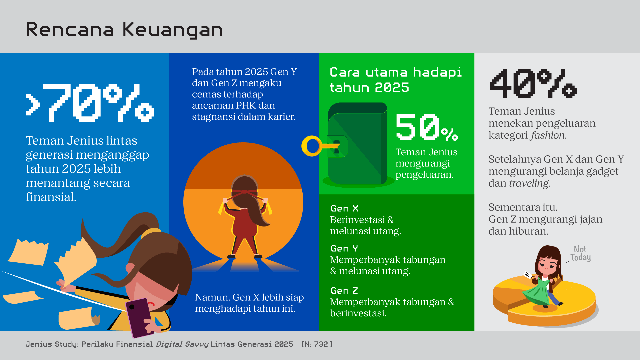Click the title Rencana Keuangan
point(124,30)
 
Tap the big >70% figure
point(90,103)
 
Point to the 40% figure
point(533,83)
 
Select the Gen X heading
point(344,209)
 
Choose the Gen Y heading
point(344,249)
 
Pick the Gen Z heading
point(344,291)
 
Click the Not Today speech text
point(581,254)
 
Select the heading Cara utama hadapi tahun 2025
point(396,80)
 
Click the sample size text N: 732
point(317,344)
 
